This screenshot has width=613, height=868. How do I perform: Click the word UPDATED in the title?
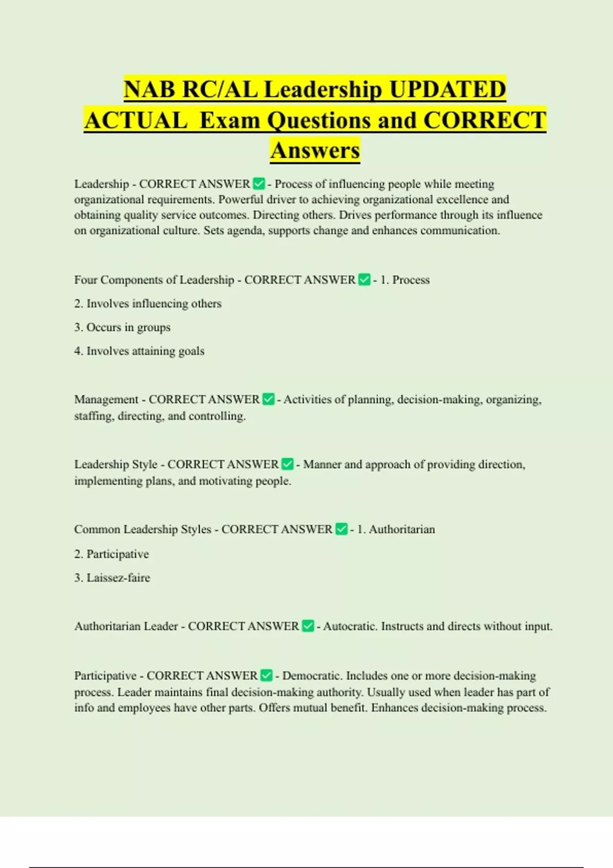tap(447, 89)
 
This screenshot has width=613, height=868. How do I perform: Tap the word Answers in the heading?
tap(315, 150)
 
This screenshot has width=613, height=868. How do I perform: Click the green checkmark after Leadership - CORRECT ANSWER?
tap(259, 183)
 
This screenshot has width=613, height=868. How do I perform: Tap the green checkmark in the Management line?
tap(268, 399)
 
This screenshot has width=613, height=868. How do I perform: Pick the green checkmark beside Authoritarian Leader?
tap(308, 626)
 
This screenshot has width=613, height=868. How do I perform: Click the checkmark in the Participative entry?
tap(266, 676)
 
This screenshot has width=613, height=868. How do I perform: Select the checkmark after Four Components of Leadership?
tap(364, 280)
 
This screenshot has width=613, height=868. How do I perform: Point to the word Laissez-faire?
tap(118, 578)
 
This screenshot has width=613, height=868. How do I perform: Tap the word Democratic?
tap(312, 676)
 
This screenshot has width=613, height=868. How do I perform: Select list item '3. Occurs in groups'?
tap(122, 327)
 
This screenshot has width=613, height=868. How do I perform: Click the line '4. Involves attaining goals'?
tap(139, 351)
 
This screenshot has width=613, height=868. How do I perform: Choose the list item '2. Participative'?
tap(111, 554)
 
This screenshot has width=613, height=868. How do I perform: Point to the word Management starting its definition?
tap(106, 399)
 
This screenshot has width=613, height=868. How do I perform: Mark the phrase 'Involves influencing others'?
tap(154, 304)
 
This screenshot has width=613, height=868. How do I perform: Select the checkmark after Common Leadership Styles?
tap(341, 529)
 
